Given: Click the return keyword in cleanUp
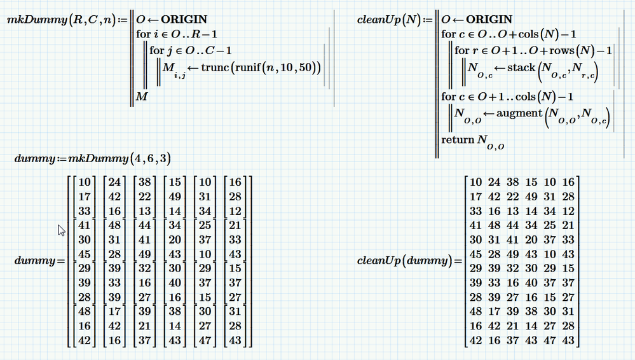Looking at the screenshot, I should [x=457, y=139].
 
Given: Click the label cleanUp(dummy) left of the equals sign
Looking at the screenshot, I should [x=406, y=261].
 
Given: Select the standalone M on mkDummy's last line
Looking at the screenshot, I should [x=142, y=96].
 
